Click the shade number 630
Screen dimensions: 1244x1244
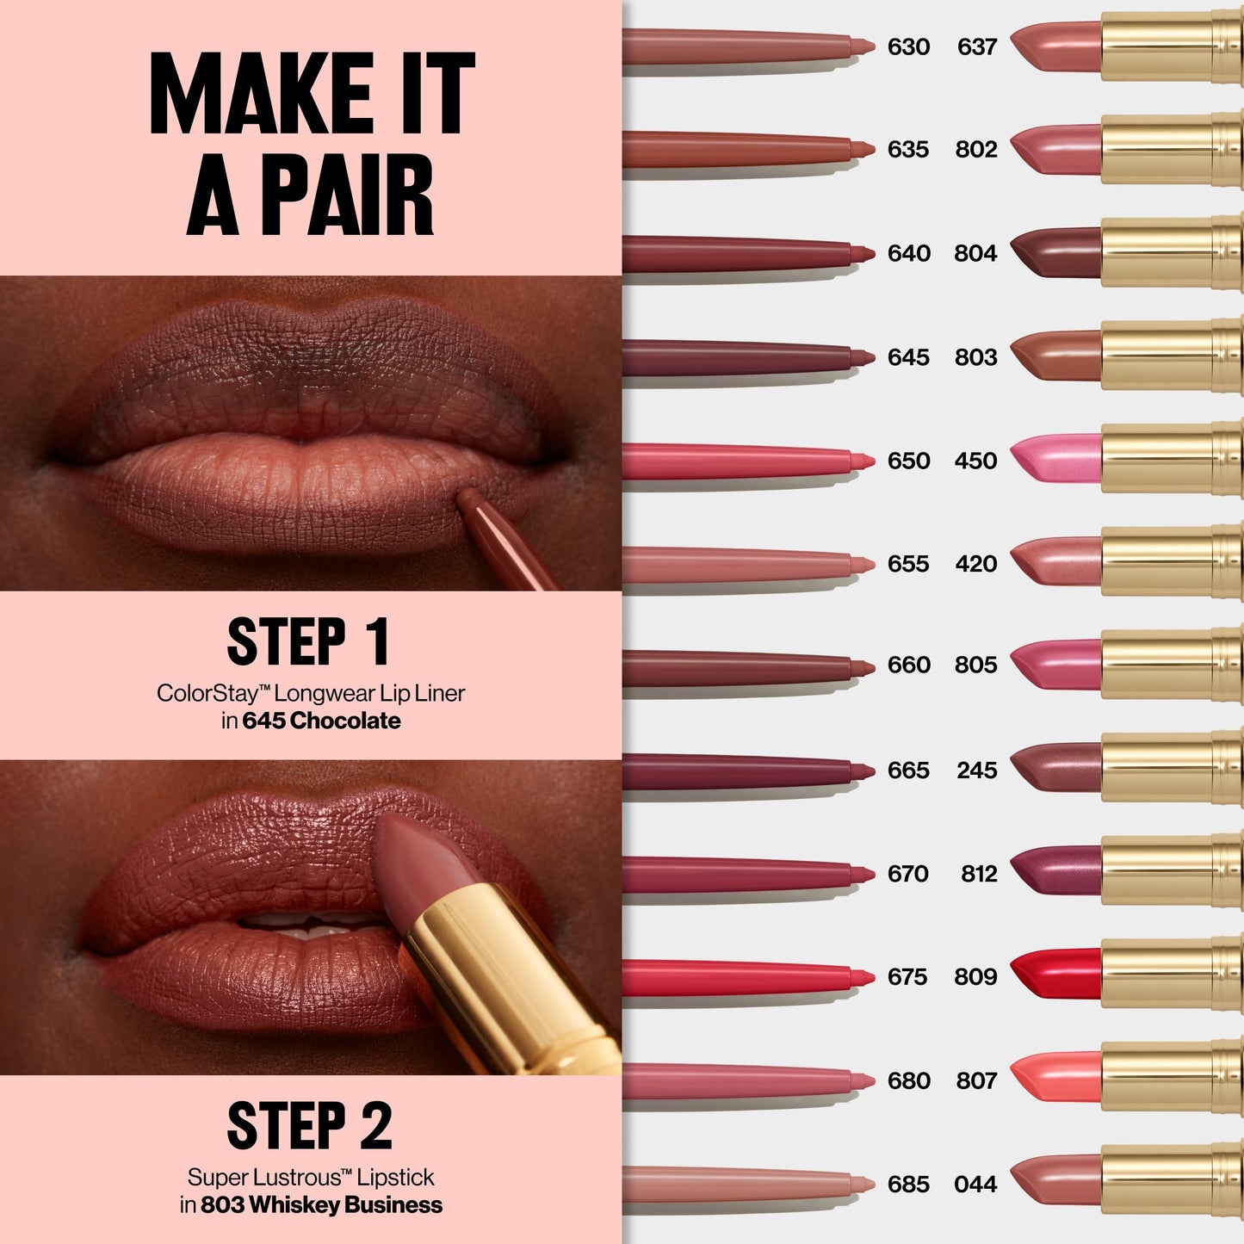pos(908,46)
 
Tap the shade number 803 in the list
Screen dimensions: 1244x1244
pos(975,357)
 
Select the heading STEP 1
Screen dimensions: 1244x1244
pos(308,641)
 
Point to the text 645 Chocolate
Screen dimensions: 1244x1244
pos(321,721)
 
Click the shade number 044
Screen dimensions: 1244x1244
pos(975,1185)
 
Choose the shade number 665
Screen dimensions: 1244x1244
pos(908,771)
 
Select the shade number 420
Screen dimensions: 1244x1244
pos(975,564)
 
